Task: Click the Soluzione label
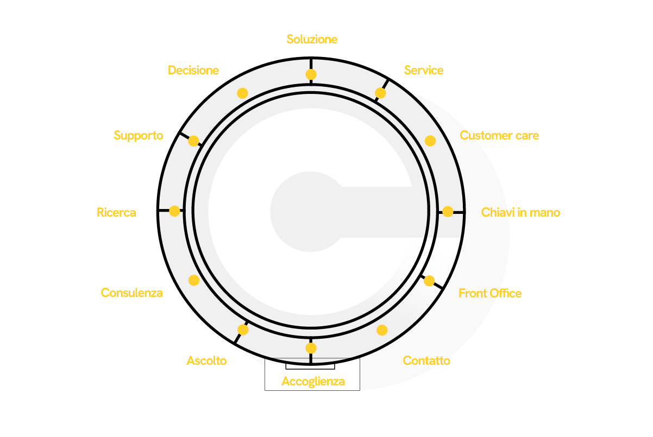[x=312, y=39]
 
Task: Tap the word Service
[x=424, y=70]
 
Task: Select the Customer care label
[x=499, y=136]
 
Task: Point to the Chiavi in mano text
[x=520, y=212]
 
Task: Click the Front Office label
[x=490, y=293]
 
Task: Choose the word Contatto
[x=426, y=360]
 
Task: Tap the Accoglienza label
[x=313, y=382]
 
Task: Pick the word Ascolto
[x=206, y=360]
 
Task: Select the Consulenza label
[x=132, y=293]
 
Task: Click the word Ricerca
[x=116, y=212]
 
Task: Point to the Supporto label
[x=139, y=136]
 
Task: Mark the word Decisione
[x=193, y=70]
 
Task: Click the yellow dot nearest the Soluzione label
[x=311, y=74]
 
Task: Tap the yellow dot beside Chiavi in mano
[x=448, y=212]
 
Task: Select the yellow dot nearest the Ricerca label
[x=174, y=211]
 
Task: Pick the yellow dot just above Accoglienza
[x=311, y=348]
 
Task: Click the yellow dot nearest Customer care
[x=430, y=141]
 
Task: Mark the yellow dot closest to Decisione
[x=242, y=93]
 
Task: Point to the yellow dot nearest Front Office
[x=429, y=281]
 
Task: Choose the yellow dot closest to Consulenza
[x=194, y=280]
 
